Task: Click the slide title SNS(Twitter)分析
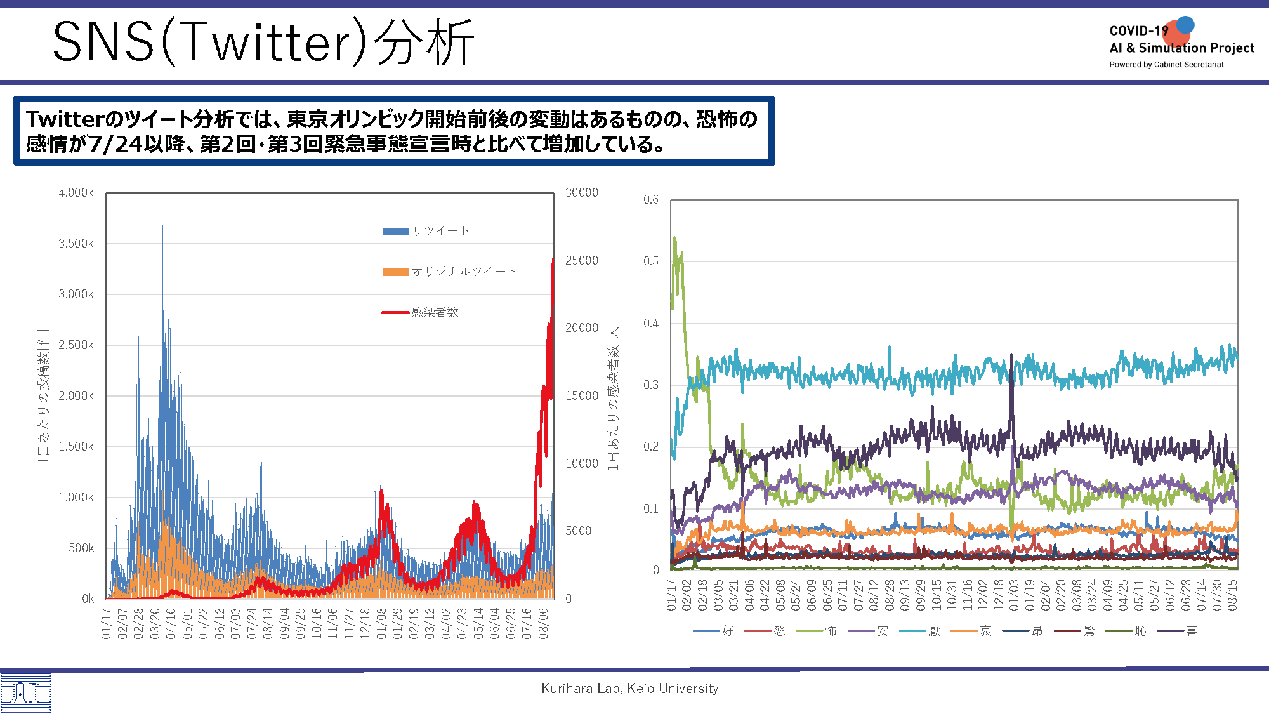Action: [x=263, y=42]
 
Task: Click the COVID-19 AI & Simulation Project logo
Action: [x=1181, y=43]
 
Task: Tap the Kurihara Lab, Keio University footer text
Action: [x=630, y=688]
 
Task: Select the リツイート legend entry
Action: [x=426, y=231]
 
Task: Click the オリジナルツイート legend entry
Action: [x=450, y=272]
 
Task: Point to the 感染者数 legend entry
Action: [x=420, y=312]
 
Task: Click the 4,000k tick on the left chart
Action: [x=76, y=193]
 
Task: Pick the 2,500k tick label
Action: [x=76, y=345]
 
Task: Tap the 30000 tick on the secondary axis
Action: [x=582, y=193]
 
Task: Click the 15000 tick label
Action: [x=582, y=396]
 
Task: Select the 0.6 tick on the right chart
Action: [x=651, y=200]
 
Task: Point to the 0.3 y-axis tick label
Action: [x=651, y=385]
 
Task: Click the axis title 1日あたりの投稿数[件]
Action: [x=43, y=396]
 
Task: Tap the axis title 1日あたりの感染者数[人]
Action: [x=613, y=397]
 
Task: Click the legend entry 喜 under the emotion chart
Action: [x=1178, y=631]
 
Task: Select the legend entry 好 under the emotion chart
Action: [x=713, y=631]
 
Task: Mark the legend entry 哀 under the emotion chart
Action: [x=971, y=631]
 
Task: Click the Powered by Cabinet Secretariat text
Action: [x=1166, y=65]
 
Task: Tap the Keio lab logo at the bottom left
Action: [x=25, y=693]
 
